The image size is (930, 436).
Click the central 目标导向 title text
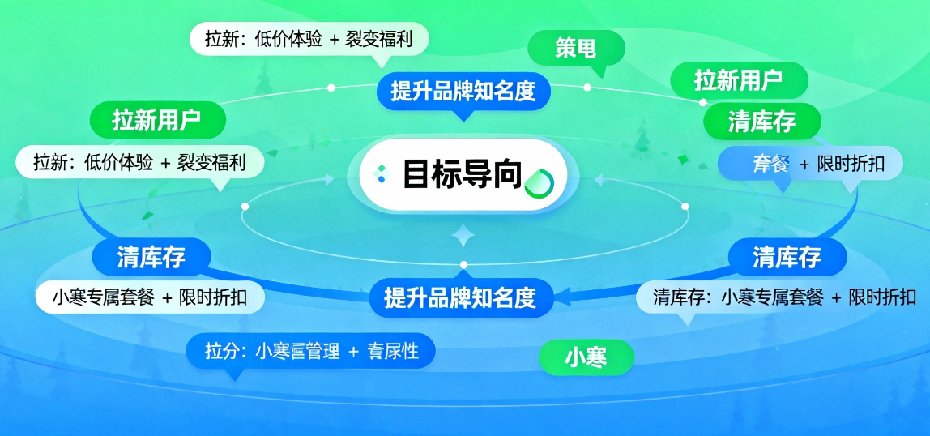pos(462,175)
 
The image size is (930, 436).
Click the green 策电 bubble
pos(576,49)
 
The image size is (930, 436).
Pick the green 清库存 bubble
pos(761,122)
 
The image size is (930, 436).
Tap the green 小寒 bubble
pos(586,356)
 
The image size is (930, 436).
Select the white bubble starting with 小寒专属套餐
pos(150,297)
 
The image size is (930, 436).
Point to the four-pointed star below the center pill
pos(463,236)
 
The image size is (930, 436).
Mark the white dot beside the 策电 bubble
pos(587,87)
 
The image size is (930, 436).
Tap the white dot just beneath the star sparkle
pos(463,265)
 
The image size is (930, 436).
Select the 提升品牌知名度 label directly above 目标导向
pos(463,91)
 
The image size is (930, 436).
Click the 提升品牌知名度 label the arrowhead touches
pos(459,297)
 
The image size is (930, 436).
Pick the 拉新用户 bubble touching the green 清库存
pos(738,80)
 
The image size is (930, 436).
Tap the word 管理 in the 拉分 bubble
pos(321,352)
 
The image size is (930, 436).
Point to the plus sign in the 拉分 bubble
pos(353,352)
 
